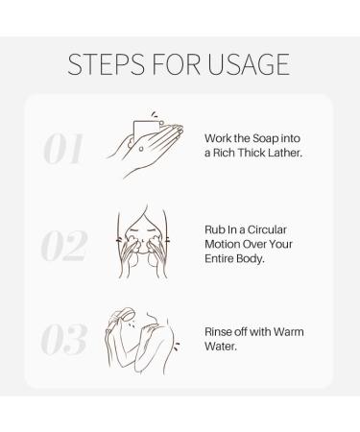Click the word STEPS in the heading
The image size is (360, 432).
click(x=106, y=64)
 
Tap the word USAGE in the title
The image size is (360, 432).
click(x=249, y=64)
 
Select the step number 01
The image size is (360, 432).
click(x=63, y=149)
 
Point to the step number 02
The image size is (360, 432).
click(x=64, y=245)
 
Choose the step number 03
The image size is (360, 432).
click(x=64, y=339)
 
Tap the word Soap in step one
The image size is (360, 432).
click(x=266, y=139)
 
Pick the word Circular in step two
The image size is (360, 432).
click(x=267, y=229)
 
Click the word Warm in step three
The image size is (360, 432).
click(x=289, y=332)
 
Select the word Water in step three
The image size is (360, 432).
click(x=221, y=347)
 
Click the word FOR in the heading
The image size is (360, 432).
click(x=176, y=64)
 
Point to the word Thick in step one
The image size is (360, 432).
click(x=252, y=153)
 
